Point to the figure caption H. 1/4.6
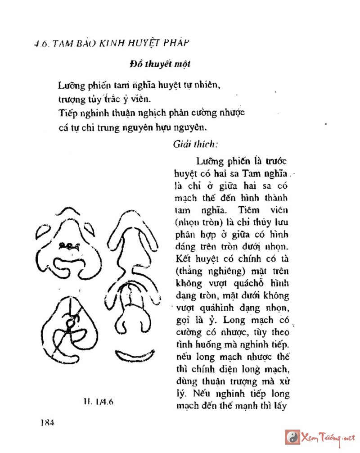(x=98, y=402)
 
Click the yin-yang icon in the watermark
(x=292, y=437)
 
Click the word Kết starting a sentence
(x=182, y=259)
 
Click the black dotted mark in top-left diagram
(x=69, y=246)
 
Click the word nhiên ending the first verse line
(x=210, y=84)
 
